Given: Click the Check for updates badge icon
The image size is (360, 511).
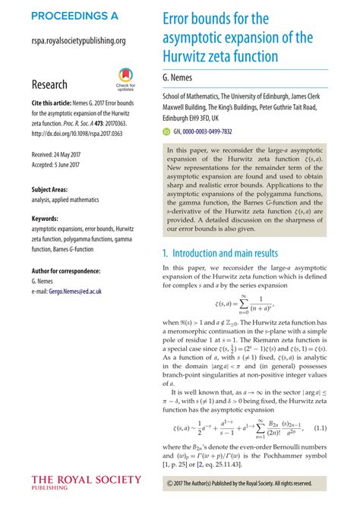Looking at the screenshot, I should pos(125,77).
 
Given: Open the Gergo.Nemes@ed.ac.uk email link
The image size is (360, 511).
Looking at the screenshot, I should pos(88,292).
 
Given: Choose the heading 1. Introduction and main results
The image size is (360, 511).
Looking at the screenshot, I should pos(235,253).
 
